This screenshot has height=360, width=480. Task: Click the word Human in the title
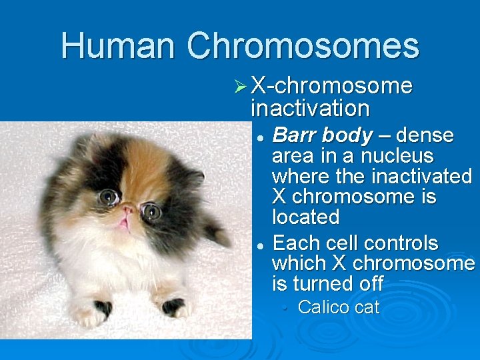pos(118,45)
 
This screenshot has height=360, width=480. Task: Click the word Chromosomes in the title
pos(303,45)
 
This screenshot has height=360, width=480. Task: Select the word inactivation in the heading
pos(310,108)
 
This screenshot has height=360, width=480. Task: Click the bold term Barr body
pos(322,136)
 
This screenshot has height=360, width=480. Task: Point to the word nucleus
pos(397,157)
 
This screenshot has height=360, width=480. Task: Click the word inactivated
pos(421,177)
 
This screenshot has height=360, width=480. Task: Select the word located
pos(305,217)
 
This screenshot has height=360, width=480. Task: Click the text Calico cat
pos(338,307)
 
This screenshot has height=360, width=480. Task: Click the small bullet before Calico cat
pos(285,308)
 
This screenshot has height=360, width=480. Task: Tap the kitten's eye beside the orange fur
pos(151,212)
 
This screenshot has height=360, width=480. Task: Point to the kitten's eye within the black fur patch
pos(109,197)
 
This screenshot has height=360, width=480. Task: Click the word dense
pos(425,136)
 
